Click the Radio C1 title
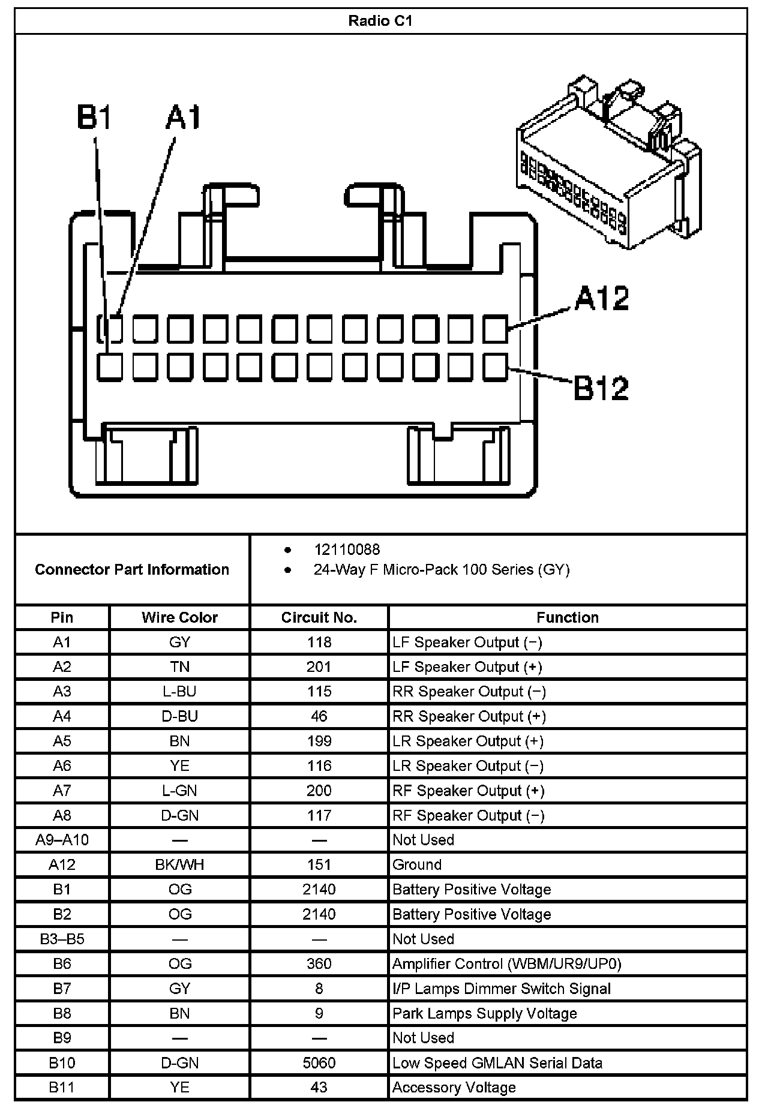[x=380, y=21]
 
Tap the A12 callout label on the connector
[x=602, y=298]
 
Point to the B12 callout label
[x=601, y=388]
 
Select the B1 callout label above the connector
[x=95, y=118]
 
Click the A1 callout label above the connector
[x=183, y=118]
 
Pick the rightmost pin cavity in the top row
[x=495, y=329]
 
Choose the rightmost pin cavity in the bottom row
[x=495, y=367]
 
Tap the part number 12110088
[x=347, y=550]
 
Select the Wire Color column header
[x=179, y=617]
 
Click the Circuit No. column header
[x=319, y=617]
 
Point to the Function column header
[x=567, y=617]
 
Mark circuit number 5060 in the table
[x=319, y=1063]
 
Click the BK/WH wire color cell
[x=179, y=864]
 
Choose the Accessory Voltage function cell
[x=454, y=1088]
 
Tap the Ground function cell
[x=417, y=864]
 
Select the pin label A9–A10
[x=62, y=840]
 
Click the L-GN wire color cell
[x=179, y=791]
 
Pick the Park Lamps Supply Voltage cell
[x=484, y=1013]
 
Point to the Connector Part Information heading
[x=132, y=569]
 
